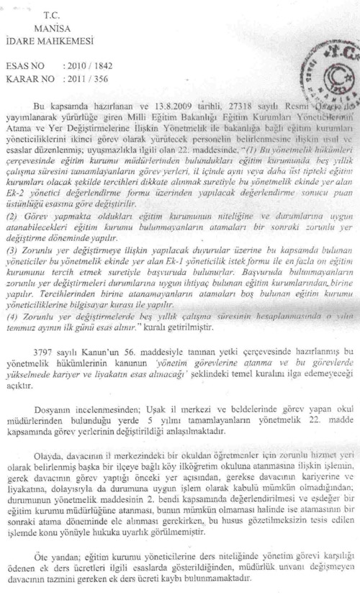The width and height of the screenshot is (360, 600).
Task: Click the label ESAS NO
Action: click(27, 64)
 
